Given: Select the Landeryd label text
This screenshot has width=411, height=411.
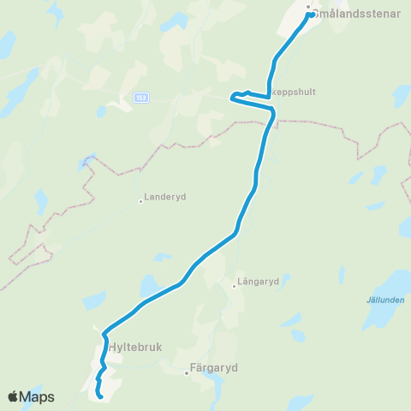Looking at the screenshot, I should click(x=165, y=196).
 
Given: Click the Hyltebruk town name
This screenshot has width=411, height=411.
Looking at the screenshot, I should click(x=135, y=348).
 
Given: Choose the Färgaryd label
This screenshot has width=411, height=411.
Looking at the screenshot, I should click(x=213, y=367).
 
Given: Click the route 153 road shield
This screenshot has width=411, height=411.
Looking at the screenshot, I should click(x=141, y=98).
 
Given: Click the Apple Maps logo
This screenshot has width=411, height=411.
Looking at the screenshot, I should click(x=31, y=396).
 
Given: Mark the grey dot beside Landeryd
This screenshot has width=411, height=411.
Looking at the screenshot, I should click(x=140, y=202).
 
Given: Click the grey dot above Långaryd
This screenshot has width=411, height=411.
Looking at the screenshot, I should click(x=234, y=286).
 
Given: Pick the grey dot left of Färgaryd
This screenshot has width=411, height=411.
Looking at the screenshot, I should click(x=187, y=373).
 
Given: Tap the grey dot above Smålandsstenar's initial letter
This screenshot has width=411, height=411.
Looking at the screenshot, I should click(x=308, y=6).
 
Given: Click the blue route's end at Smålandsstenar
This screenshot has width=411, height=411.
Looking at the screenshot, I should click(x=308, y=15).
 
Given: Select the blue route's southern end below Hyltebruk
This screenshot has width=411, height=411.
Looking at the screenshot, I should click(x=100, y=396).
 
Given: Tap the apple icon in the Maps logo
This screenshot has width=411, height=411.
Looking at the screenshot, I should click(x=13, y=396).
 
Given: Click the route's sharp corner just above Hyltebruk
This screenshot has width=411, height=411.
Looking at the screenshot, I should click(x=104, y=333).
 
